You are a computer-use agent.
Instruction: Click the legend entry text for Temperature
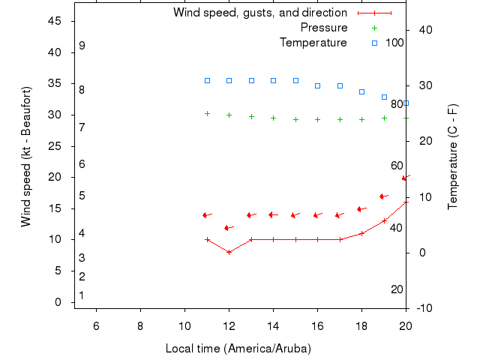[313, 43]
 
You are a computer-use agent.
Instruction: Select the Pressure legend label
[323, 28]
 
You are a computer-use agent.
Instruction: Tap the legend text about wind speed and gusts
[259, 13]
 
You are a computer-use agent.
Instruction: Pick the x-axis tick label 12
[229, 324]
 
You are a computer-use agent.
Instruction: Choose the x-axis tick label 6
[96, 324]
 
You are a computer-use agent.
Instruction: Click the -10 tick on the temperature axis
[422, 308]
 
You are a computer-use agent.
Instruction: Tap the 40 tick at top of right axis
[423, 30]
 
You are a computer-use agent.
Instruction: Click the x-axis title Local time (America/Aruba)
[238, 349]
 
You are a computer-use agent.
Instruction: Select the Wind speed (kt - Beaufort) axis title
[26, 157]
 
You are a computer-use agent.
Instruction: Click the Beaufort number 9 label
[82, 46]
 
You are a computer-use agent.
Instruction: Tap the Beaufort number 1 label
[82, 295]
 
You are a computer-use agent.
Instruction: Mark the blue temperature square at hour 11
[208, 80]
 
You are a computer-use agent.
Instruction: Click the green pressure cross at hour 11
[208, 113]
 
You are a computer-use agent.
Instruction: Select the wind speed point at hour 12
[229, 252]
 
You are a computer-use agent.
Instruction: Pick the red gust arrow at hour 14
[273, 214]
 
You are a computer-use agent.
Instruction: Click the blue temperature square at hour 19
[384, 97]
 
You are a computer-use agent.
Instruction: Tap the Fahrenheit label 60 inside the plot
[397, 166]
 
